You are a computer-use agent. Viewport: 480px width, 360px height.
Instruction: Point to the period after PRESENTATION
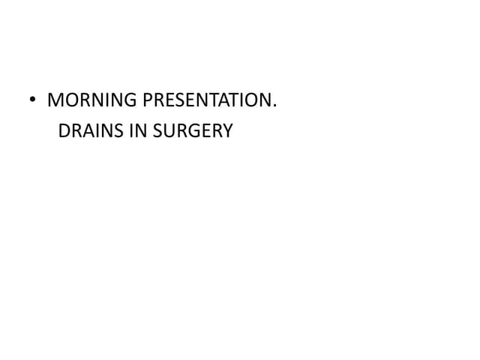pos(274,106)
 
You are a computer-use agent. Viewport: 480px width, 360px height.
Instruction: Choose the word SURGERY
pos(191,131)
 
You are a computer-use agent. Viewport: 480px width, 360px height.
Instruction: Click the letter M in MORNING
pos(54,100)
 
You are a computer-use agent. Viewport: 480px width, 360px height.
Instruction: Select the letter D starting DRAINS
pos(64,131)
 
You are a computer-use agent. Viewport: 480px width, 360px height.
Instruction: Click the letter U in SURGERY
pos(169,131)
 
